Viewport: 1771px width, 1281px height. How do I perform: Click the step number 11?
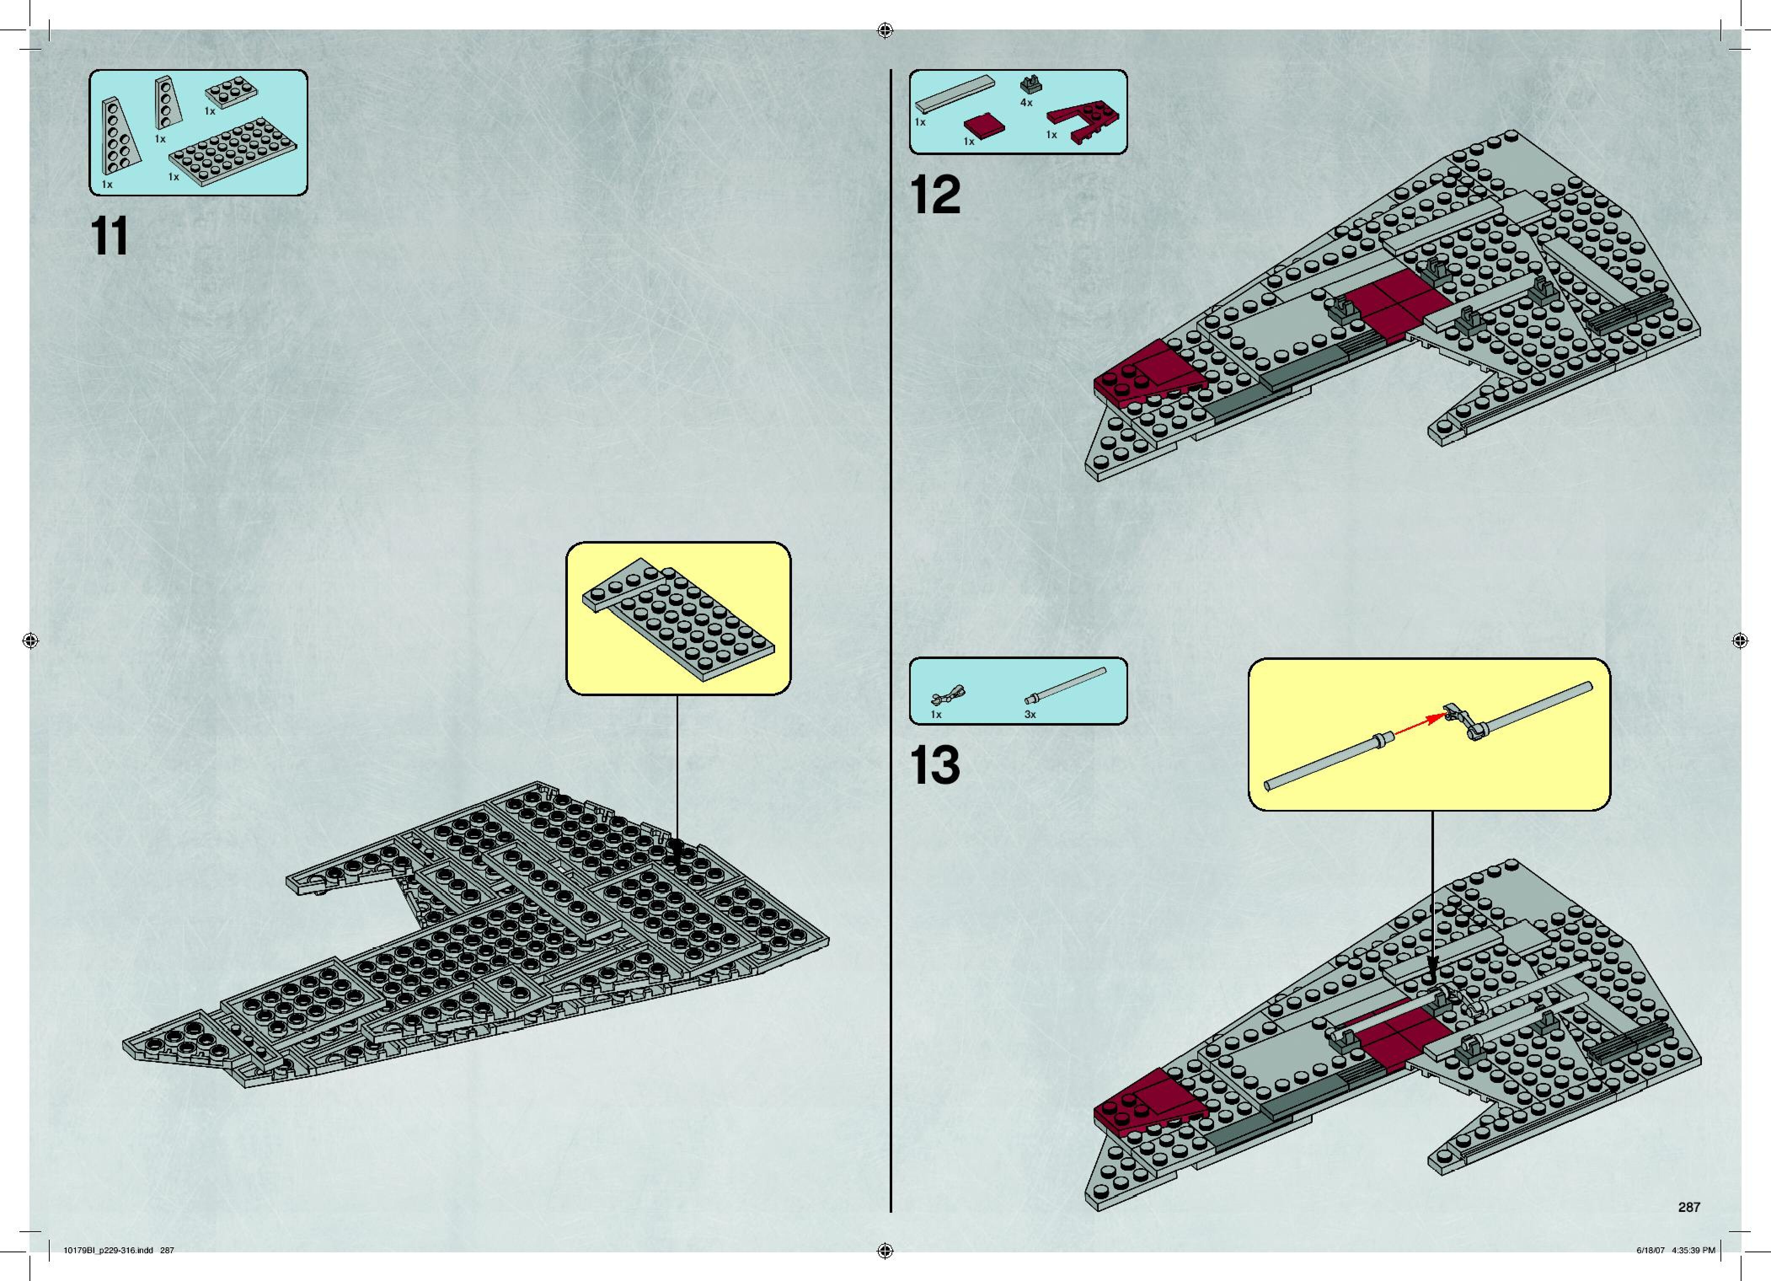[x=110, y=238]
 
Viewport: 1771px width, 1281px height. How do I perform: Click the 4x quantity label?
[x=1026, y=102]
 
